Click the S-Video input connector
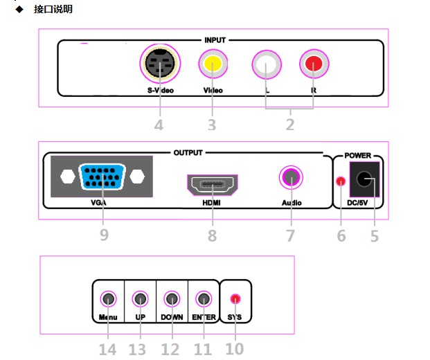click(160, 63)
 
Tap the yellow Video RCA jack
click(213, 64)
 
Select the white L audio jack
click(267, 64)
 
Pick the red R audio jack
click(314, 64)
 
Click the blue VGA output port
click(102, 177)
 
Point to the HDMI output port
click(213, 185)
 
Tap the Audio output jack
click(291, 177)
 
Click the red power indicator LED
click(341, 181)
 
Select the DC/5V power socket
click(364, 179)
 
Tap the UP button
click(140, 299)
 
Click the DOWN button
click(172, 299)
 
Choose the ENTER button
click(204, 299)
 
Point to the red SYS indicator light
click(235, 299)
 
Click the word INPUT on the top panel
click(215, 40)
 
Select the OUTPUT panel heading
click(188, 153)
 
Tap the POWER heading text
click(357, 156)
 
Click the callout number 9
click(104, 235)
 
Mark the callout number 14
click(107, 350)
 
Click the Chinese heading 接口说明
click(53, 9)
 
